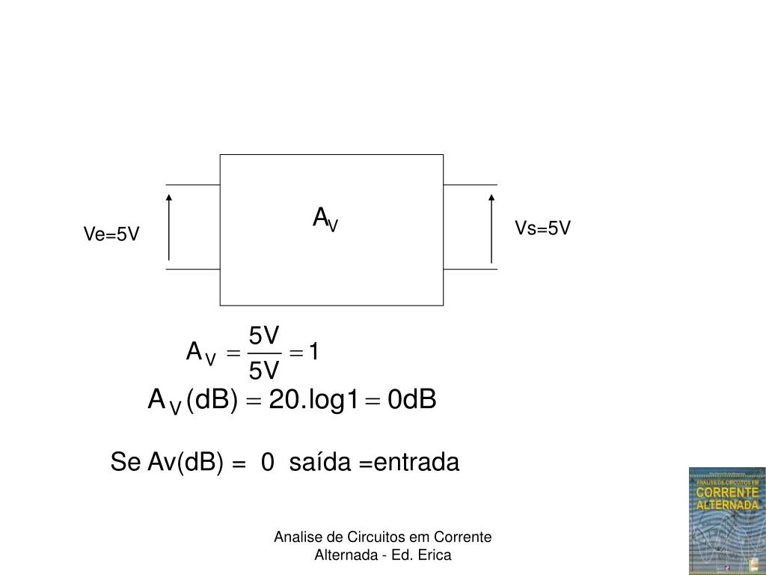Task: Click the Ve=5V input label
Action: [111, 235]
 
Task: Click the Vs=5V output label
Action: [542, 228]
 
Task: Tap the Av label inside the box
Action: [325, 219]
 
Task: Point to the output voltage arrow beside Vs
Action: [491, 228]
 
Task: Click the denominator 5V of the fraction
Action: [264, 370]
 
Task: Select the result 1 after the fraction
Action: [315, 351]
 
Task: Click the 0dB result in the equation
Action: [411, 401]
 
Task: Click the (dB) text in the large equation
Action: [212, 401]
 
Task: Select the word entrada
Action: [417, 463]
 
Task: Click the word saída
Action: [320, 463]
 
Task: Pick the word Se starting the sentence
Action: [125, 463]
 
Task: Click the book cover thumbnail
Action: [726, 520]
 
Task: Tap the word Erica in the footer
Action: [435, 555]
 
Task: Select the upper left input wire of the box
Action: [192, 184]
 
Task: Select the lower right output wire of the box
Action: [471, 269]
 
